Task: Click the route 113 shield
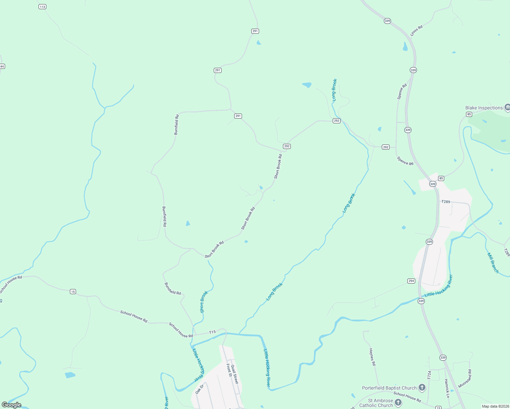(42, 7)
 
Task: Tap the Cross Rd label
(416, 30)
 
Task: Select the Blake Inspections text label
(484, 108)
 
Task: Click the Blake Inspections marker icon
(507, 108)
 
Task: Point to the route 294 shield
(411, 281)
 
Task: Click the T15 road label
(212, 332)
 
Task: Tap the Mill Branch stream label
(493, 263)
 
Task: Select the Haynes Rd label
(372, 357)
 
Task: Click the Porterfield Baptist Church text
(389, 388)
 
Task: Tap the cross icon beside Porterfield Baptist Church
(422, 388)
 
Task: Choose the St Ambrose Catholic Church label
(376, 403)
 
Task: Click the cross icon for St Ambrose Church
(398, 403)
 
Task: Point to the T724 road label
(429, 375)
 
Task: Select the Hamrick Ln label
(447, 388)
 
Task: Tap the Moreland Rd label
(465, 378)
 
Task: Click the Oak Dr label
(199, 389)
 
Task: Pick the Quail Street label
(234, 374)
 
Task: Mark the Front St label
(229, 370)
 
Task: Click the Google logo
(12, 405)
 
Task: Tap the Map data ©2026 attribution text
(495, 406)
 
